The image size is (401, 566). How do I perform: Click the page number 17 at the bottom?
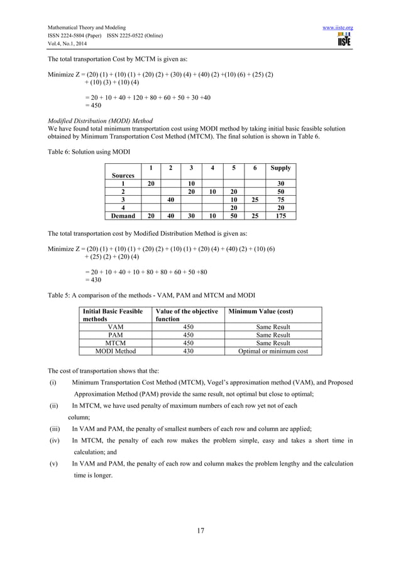click(x=200, y=531)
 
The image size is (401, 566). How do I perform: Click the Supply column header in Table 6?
click(x=280, y=168)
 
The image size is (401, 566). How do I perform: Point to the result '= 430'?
click(x=93, y=280)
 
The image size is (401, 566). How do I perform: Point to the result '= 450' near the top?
click(x=93, y=105)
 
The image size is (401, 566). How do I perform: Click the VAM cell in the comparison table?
click(x=116, y=327)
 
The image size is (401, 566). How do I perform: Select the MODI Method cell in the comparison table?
click(x=116, y=351)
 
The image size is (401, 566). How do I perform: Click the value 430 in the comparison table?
click(x=188, y=351)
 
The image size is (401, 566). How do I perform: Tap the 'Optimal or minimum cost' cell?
click(x=273, y=351)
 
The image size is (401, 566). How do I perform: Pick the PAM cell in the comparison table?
click(x=116, y=335)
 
